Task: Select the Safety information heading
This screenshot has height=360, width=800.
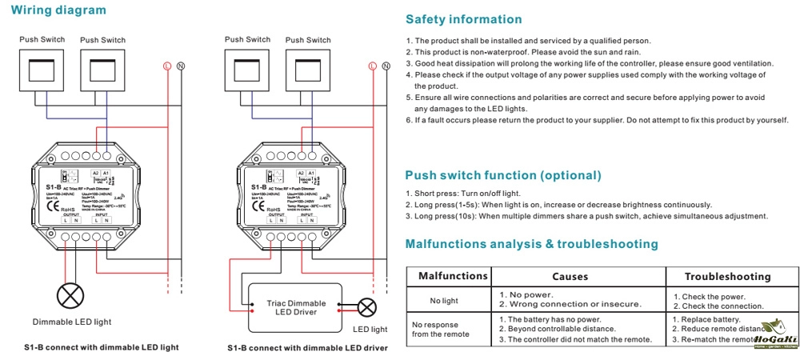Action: (464, 19)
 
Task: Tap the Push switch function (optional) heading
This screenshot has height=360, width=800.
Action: (503, 174)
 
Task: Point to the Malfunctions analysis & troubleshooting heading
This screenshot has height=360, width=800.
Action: (531, 244)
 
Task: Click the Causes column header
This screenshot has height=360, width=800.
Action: (570, 276)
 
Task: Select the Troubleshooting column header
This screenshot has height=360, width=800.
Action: (727, 276)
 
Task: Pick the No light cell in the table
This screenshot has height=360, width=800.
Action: (445, 300)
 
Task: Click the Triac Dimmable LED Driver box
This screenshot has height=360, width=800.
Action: (296, 306)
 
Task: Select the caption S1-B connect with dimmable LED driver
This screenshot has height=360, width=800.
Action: (307, 348)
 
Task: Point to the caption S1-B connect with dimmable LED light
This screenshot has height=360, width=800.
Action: (101, 348)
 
